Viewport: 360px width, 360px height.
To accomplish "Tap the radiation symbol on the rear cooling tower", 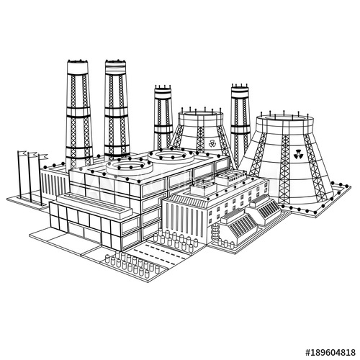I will click(x=212, y=144).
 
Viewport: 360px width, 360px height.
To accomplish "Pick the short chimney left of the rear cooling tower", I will click(x=163, y=115).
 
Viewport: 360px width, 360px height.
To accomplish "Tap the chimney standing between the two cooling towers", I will click(x=240, y=115).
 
